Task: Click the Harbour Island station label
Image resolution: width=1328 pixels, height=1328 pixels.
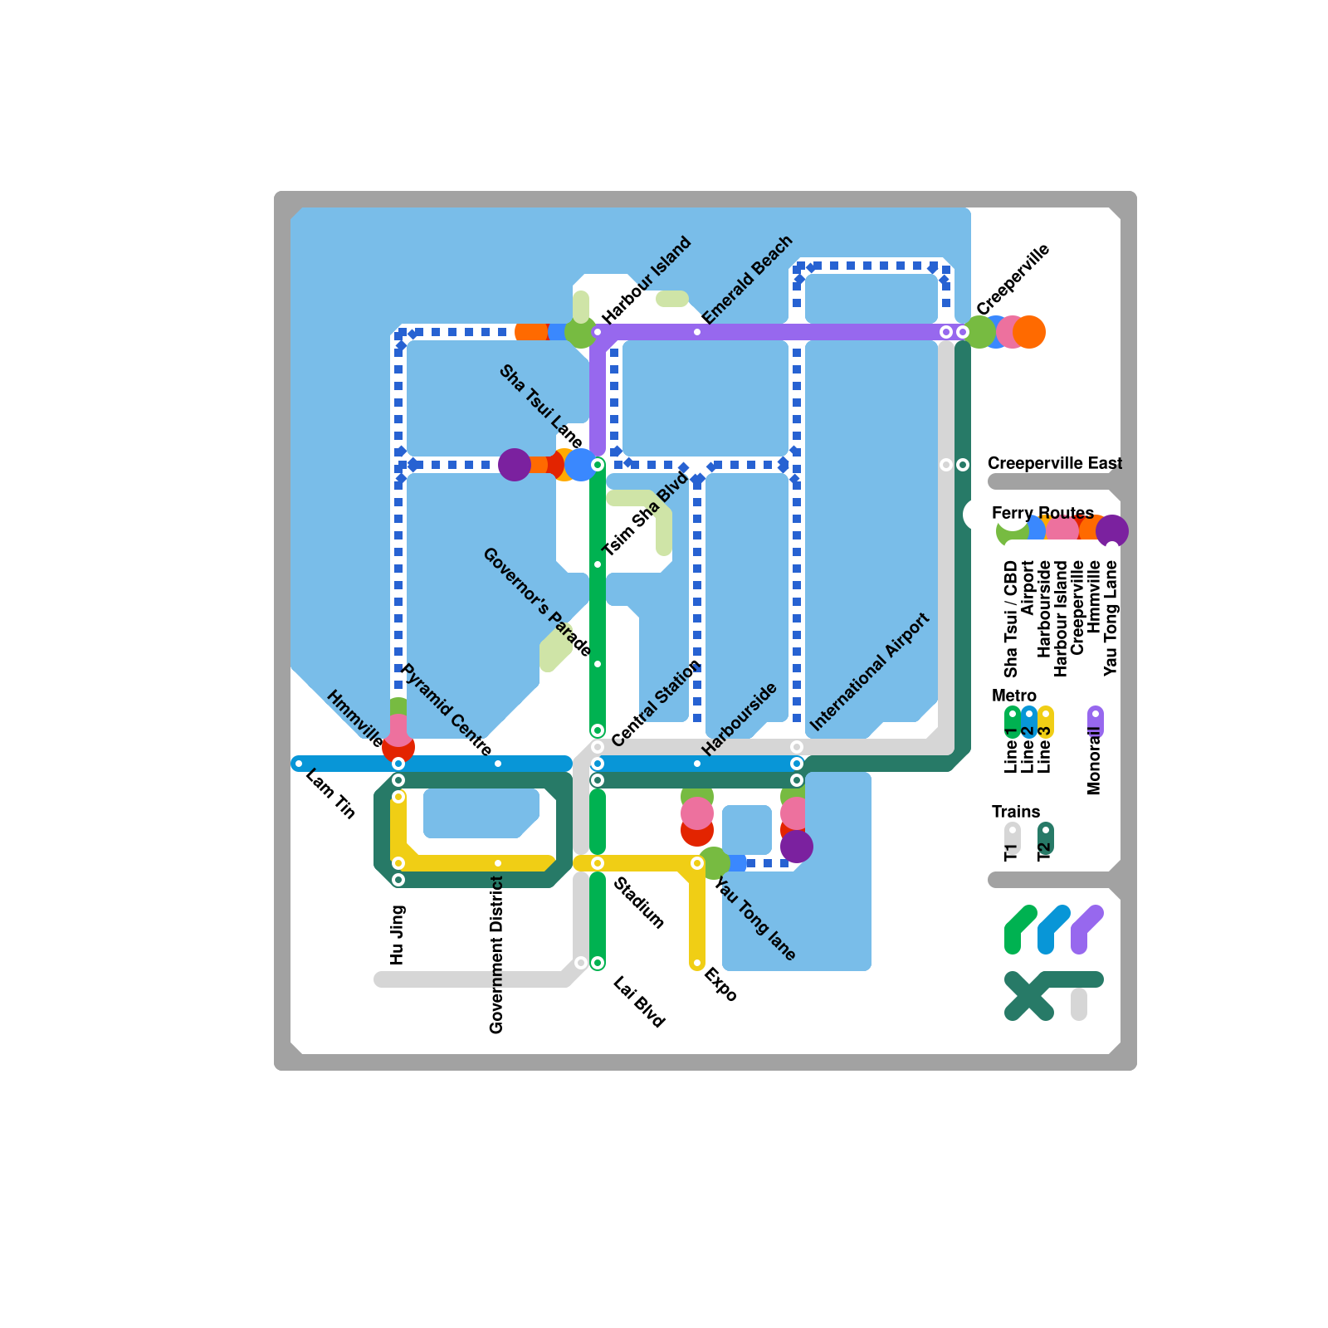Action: [647, 281]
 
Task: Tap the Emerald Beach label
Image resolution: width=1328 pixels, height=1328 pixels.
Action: [747, 280]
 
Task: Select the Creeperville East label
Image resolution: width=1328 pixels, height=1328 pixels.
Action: [1054, 463]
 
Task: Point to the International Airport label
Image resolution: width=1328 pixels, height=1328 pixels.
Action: [869, 672]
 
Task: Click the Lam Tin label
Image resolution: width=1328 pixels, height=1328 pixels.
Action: [330, 794]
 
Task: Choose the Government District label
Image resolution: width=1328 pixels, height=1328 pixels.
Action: [496, 955]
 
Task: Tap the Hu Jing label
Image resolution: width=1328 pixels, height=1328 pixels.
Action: [397, 935]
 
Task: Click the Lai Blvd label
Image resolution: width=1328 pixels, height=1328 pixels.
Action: [639, 1002]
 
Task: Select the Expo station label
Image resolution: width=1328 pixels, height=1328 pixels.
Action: [720, 984]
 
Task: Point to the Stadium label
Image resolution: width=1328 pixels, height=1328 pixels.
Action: [639, 903]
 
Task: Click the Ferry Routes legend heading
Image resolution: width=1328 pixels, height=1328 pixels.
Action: [1042, 513]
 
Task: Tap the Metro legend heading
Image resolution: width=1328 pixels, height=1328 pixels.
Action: [1014, 696]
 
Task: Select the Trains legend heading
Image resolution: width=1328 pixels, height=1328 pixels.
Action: [1016, 812]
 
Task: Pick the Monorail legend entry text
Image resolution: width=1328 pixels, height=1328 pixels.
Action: [1094, 761]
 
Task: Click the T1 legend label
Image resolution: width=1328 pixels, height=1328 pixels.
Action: [1011, 852]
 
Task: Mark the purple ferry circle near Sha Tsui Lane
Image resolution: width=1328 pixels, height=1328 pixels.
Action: [515, 465]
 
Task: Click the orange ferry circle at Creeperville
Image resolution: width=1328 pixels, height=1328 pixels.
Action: [1030, 332]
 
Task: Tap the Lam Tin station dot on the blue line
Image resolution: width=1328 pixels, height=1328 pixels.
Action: [299, 764]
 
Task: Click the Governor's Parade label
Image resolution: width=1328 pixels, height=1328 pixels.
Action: [537, 602]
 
